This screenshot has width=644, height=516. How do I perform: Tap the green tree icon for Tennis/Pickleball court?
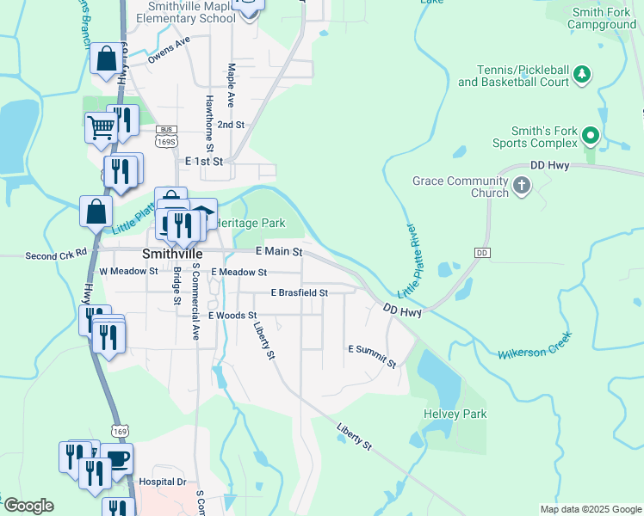(x=582, y=76)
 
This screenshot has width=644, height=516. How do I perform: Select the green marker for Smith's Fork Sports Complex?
(x=591, y=136)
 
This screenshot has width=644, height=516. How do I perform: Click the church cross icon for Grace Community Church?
(x=522, y=187)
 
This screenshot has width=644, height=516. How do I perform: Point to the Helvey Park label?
(x=455, y=414)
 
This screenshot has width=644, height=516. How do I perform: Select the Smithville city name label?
(x=171, y=255)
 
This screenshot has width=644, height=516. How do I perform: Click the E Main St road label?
(x=279, y=252)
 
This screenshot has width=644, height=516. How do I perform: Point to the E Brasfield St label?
(x=300, y=292)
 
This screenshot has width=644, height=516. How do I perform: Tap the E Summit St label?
(x=372, y=355)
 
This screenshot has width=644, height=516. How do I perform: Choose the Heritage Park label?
(x=254, y=223)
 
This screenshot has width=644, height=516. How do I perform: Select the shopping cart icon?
(x=101, y=127)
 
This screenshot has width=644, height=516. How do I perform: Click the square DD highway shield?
(x=482, y=253)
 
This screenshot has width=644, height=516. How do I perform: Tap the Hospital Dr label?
(x=163, y=482)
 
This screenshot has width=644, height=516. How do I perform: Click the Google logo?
(x=28, y=506)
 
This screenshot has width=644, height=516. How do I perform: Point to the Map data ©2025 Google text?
(x=590, y=509)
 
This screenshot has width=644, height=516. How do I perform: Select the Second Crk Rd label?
(x=57, y=255)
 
